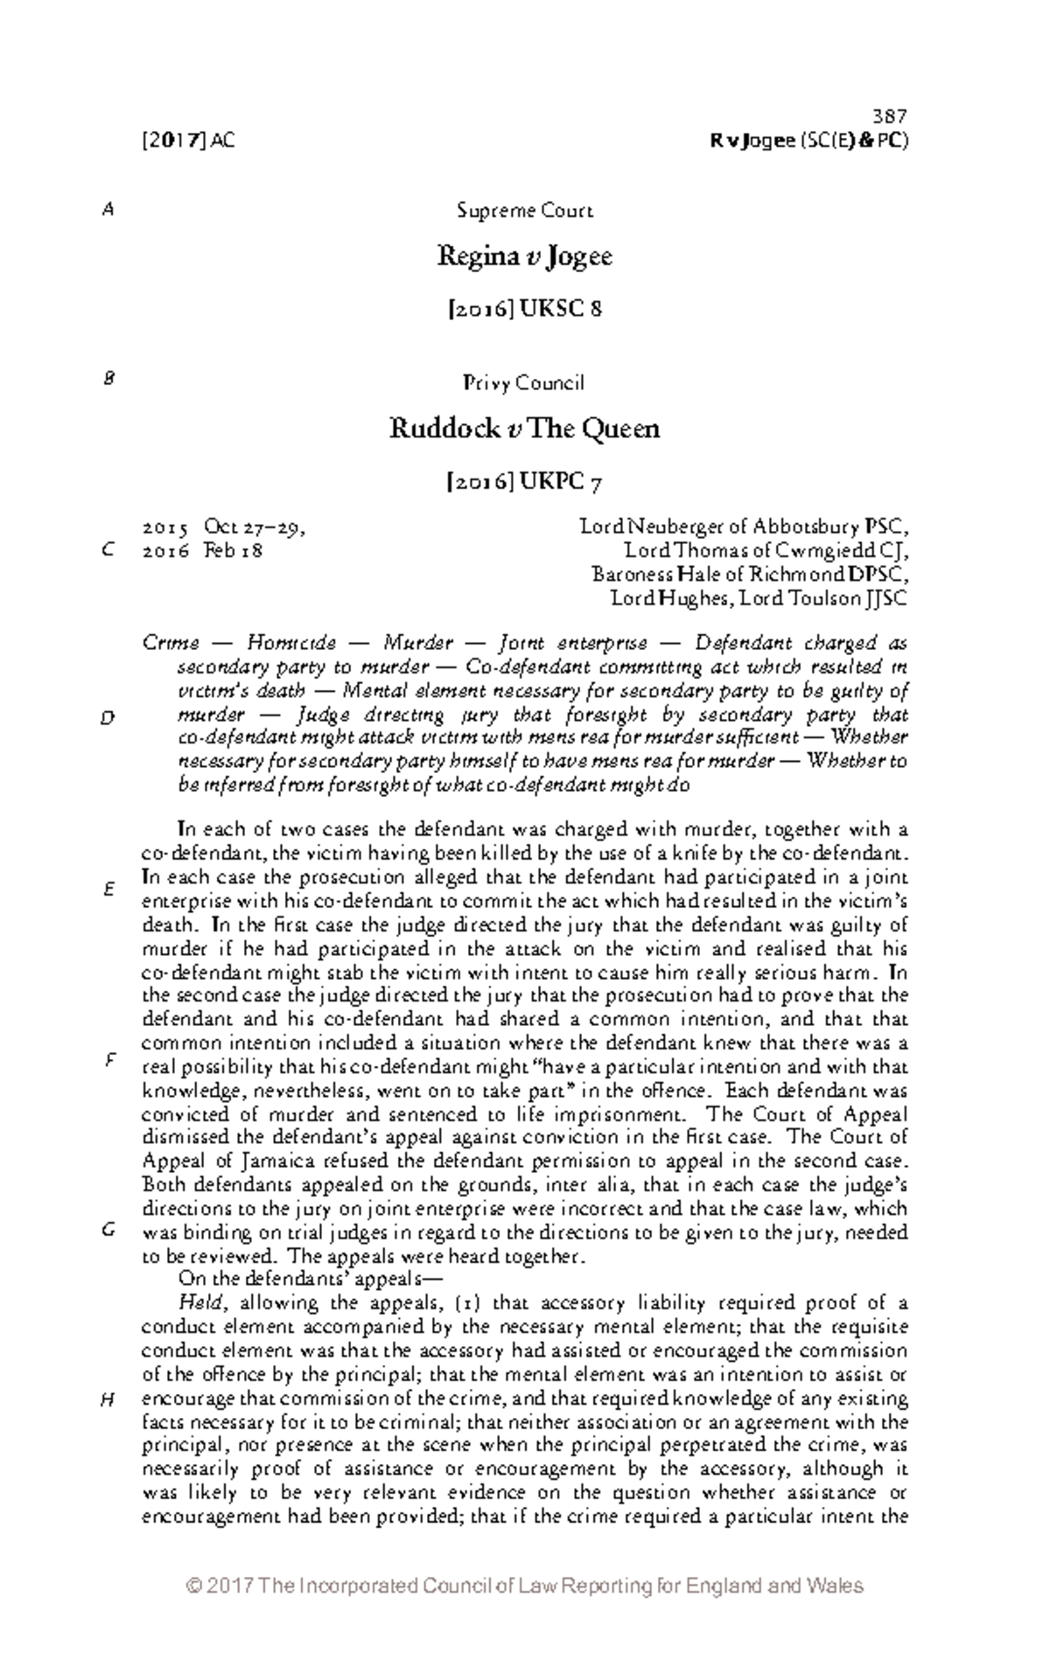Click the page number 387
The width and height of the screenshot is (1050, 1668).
[890, 116]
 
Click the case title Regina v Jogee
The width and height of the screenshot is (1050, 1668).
[524, 257]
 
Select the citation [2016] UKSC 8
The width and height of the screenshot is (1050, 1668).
[524, 309]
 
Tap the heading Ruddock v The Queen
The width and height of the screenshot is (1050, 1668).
[524, 429]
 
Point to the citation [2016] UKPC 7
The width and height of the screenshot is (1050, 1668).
[524, 482]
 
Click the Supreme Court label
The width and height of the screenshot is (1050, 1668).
[524, 211]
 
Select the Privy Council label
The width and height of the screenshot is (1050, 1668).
[524, 383]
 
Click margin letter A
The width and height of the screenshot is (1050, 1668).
[108, 211]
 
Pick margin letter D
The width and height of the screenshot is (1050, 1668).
[108, 718]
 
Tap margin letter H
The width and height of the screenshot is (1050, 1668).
[108, 1400]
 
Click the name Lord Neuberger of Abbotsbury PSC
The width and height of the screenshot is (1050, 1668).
[744, 527]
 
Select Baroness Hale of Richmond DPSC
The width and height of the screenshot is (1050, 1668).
[750, 575]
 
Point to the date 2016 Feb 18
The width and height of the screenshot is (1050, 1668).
[202, 551]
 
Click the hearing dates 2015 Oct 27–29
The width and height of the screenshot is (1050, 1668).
[223, 527]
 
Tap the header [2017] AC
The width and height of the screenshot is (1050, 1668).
[187, 140]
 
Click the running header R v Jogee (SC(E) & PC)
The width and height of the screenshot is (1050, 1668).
[809, 140]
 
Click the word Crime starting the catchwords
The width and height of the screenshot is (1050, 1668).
[170, 644]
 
